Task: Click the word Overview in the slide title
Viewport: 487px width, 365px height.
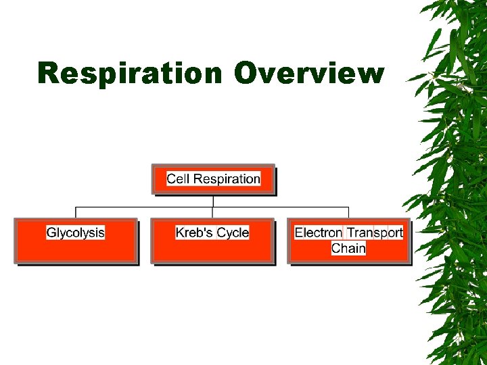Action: click(309, 73)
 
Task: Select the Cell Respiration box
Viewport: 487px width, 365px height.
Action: click(213, 179)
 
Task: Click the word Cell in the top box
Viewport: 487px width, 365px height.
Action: click(179, 179)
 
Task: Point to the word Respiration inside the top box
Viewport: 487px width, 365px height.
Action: click(227, 179)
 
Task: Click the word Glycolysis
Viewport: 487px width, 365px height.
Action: click(76, 233)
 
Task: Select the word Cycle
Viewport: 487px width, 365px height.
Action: click(233, 233)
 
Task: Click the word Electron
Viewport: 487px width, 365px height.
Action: click(319, 233)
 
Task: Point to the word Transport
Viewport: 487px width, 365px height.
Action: click(375, 233)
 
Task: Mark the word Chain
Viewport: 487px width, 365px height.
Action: click(348, 249)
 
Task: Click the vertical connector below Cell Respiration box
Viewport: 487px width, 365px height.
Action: click(213, 200)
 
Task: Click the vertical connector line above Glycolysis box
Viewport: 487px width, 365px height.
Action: click(76, 212)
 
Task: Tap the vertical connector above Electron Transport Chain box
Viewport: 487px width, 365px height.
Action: click(348, 212)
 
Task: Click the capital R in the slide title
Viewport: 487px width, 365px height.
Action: click(49, 73)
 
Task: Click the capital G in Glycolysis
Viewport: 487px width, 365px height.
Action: click(51, 233)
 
